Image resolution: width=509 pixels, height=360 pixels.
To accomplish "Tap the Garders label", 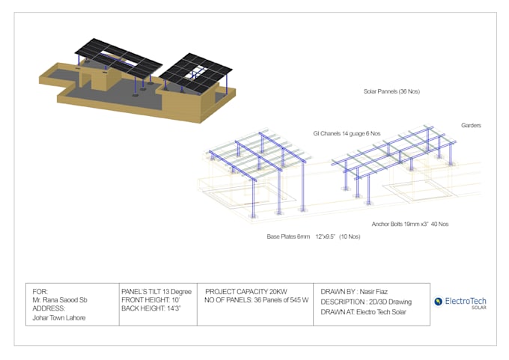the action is click(x=471, y=125).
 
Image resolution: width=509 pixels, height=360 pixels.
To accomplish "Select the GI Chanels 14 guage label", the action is click(x=347, y=133).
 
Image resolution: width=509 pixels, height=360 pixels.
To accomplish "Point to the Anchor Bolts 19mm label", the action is click(x=410, y=224).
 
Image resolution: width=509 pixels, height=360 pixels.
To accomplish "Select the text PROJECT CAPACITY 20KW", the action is click(x=246, y=290).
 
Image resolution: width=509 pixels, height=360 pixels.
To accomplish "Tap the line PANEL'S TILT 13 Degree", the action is click(x=156, y=290).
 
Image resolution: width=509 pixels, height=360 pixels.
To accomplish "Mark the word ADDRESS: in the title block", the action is click(x=49, y=308).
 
